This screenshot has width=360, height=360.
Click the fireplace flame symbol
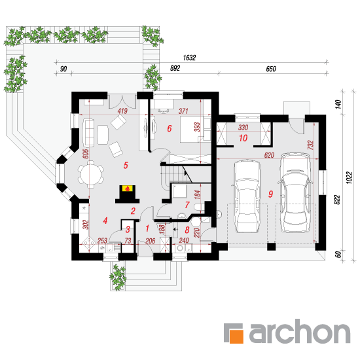tap(127, 189)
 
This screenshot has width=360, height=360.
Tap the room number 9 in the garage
tap(271, 194)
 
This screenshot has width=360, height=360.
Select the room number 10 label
tap(243, 138)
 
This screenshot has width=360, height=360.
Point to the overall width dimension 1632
tap(189, 58)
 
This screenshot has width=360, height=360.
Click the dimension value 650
tap(271, 69)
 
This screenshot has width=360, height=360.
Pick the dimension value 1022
tap(349, 177)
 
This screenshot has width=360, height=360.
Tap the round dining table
tap(90, 174)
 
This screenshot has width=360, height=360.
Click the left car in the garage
tap(247, 196)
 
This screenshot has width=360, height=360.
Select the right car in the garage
tap(295, 192)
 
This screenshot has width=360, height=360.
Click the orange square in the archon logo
tap(236, 336)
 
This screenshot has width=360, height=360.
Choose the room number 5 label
tap(126, 166)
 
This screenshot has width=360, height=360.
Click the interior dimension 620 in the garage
tap(269, 155)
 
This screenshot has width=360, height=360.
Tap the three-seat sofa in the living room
tap(88, 133)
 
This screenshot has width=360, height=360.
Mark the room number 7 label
tap(187, 205)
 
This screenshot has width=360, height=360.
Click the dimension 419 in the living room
tap(122, 111)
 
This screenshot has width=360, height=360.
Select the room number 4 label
tap(105, 221)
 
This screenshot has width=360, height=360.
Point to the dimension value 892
tap(175, 68)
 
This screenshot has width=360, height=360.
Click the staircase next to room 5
tap(177, 175)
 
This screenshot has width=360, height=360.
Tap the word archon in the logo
tap(300, 331)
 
